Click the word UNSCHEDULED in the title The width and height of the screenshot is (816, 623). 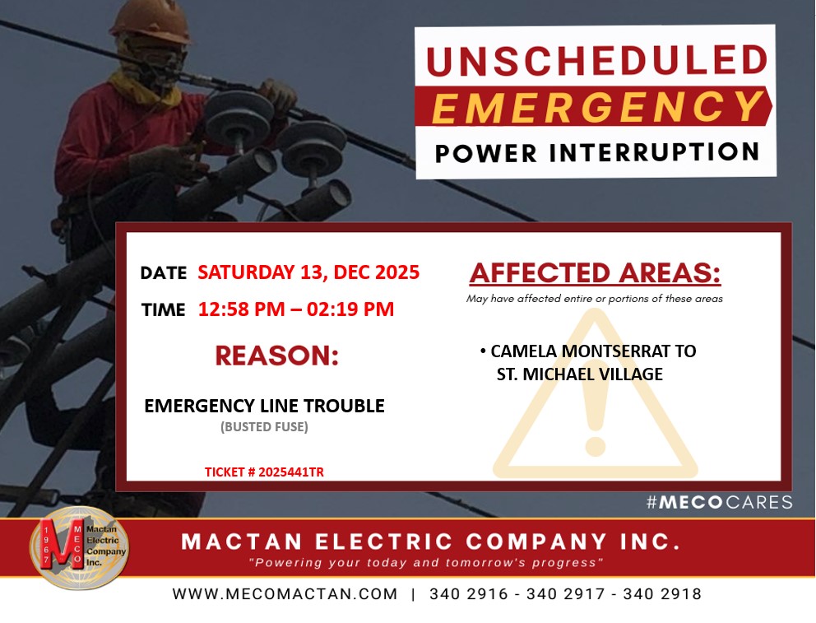[x=597, y=61]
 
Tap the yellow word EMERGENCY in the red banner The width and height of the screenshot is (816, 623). [x=597, y=107]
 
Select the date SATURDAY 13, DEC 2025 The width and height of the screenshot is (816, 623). [x=308, y=272]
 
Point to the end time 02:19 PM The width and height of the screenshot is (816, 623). [x=350, y=309]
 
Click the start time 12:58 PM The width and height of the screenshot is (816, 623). [x=242, y=309]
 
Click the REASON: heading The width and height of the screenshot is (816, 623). [x=277, y=356]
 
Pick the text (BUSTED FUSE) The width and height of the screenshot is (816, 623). [x=264, y=427]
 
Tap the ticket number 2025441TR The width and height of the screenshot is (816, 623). [x=291, y=472]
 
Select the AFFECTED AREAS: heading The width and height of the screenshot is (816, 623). [x=596, y=272]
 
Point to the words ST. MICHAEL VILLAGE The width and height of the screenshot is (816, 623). [x=580, y=374]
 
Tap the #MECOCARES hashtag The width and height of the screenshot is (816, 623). [x=720, y=502]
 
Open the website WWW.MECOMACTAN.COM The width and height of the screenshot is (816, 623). [x=285, y=594]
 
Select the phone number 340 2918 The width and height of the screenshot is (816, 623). [x=662, y=594]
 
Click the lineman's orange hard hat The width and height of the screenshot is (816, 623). [x=150, y=21]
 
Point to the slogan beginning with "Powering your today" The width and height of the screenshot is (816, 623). [x=426, y=563]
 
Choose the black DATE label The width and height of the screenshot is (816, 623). [x=164, y=272]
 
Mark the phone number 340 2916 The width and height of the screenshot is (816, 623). [x=468, y=594]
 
